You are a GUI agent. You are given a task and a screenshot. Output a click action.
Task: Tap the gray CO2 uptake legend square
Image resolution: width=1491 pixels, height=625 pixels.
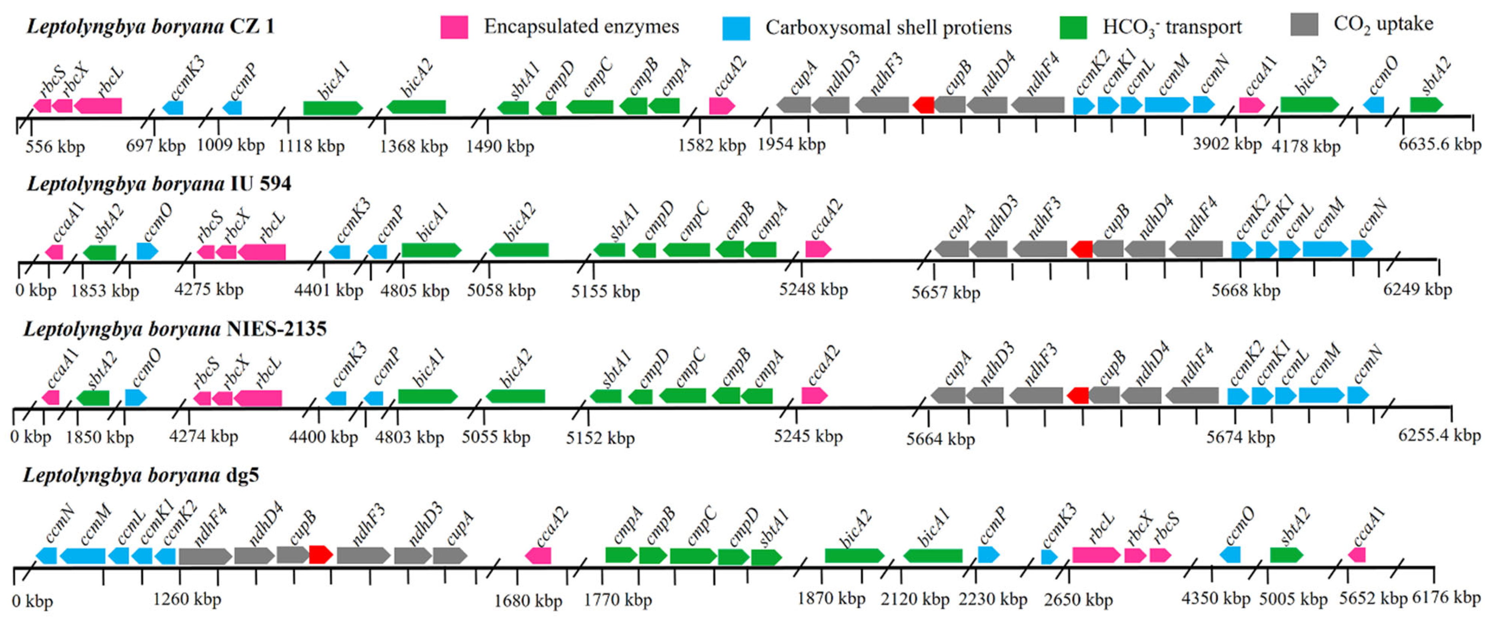click(x=1304, y=24)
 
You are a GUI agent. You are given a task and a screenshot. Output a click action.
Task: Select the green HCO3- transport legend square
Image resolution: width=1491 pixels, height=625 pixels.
click(x=1073, y=27)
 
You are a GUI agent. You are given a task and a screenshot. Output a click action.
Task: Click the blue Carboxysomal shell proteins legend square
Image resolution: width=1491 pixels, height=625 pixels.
click(x=736, y=28)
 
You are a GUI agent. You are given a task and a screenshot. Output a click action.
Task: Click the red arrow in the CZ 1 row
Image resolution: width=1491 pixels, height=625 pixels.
click(x=924, y=105)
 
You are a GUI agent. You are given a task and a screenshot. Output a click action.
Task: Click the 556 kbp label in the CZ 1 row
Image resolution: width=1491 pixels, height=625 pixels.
click(x=55, y=146)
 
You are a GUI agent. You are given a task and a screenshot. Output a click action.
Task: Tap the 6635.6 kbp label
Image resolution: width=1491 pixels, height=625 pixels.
click(x=1439, y=144)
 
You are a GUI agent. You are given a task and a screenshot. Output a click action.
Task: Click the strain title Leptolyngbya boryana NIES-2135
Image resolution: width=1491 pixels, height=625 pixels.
click(x=175, y=329)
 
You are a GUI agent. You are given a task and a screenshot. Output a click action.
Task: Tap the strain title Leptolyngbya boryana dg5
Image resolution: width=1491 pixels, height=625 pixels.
click(x=141, y=475)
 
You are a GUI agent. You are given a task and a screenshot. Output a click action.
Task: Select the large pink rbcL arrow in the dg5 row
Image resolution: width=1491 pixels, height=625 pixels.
click(x=1096, y=554)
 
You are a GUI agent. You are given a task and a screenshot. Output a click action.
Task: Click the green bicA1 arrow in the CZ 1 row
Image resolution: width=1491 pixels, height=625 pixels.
click(x=332, y=108)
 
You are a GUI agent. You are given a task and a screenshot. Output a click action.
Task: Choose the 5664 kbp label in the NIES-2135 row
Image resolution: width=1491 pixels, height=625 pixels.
click(x=940, y=439)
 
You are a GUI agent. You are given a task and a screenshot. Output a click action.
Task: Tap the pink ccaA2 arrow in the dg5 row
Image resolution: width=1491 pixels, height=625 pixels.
click(x=538, y=555)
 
